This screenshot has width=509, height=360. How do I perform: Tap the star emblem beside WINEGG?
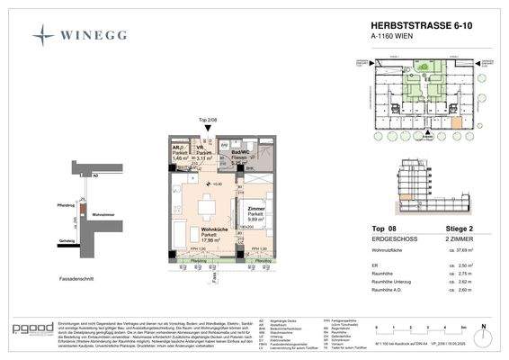43,36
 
